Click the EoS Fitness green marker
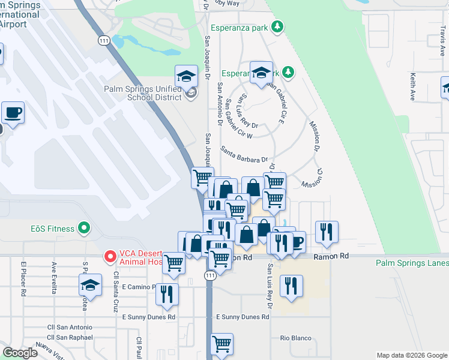[84, 229]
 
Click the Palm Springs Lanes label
[412, 263]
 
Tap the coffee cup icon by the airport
[13, 112]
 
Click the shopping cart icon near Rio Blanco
[221, 344]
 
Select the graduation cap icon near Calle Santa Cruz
[90, 284]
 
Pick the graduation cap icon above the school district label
[186, 76]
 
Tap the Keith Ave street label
[412, 87]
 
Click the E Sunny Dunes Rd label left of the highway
[149, 317]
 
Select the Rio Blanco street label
[294, 338]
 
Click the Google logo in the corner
[20, 353]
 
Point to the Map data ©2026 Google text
[411, 355]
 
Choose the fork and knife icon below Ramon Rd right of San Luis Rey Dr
[291, 286]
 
